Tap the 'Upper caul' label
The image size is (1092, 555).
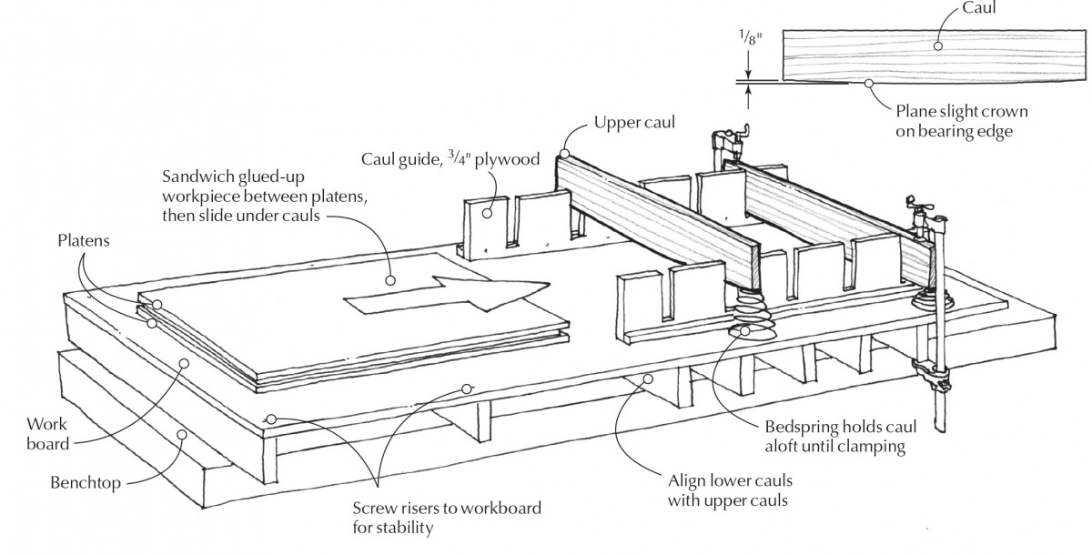click(633, 122)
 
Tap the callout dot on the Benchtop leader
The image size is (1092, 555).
click(181, 434)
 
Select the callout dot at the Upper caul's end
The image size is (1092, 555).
click(565, 155)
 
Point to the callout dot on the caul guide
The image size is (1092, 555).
click(489, 215)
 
